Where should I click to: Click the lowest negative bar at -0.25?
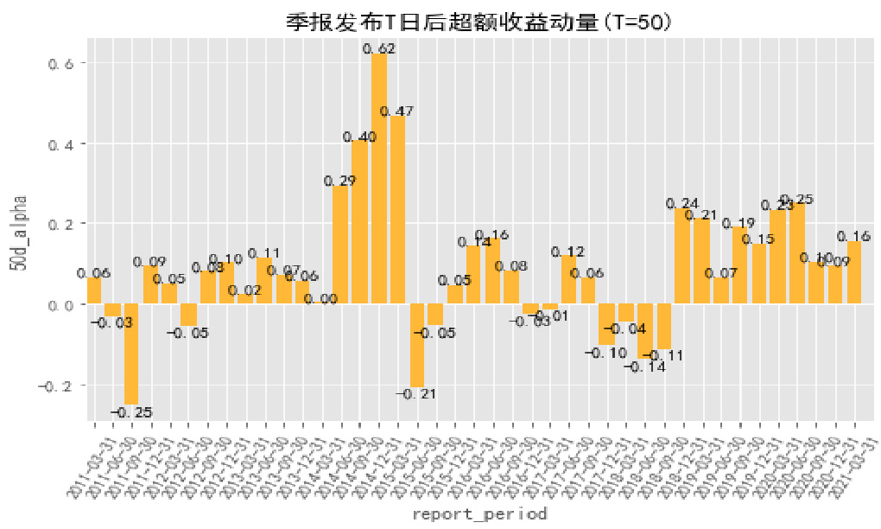[131, 354]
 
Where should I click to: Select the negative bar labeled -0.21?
[416, 345]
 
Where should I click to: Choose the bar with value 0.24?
[682, 256]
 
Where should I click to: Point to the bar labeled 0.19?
[739, 264]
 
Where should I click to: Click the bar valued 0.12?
[568, 279]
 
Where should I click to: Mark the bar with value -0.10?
[606, 324]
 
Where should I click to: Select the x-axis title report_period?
[479, 514]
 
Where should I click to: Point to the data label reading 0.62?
[378, 49]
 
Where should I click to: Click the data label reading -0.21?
[416, 394]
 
